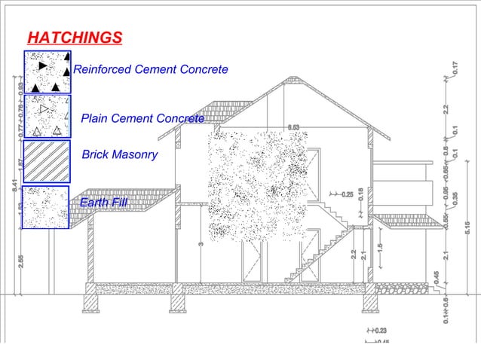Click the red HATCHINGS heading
pos(74,38)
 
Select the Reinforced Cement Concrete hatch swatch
pos(47,72)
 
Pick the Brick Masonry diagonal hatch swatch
pos(47,160)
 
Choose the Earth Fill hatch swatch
pos(46,206)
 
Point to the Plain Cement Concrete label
pos(142,118)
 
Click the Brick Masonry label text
pos(119,154)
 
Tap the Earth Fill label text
pos(103,203)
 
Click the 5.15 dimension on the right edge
pos(468,227)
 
